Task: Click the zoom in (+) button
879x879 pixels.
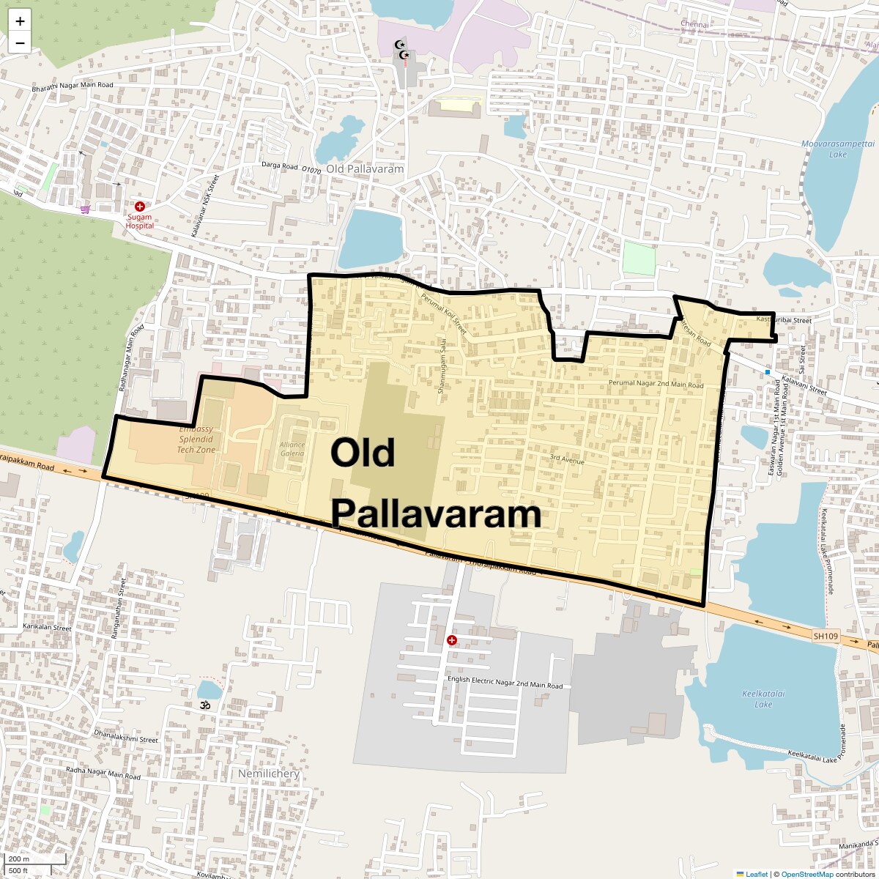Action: pos(20,21)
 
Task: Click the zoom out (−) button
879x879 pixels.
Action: pos(20,42)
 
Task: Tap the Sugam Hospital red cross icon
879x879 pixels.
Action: pos(139,207)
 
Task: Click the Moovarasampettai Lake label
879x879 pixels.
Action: pos(826,149)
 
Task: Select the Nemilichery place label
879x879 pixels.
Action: pos(269,774)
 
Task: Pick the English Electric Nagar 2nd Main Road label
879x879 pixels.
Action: pos(505,682)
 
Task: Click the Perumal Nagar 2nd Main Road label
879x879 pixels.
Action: pos(656,385)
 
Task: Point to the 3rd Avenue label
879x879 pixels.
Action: pos(568,460)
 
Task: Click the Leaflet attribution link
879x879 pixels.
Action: pos(757,874)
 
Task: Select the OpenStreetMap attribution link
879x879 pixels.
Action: pos(806,874)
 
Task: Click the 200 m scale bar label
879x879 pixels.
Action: pos(19,859)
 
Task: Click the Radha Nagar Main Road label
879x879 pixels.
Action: pos(103,773)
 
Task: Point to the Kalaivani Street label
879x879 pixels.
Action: pos(804,385)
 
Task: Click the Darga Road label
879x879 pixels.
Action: pos(281,166)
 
